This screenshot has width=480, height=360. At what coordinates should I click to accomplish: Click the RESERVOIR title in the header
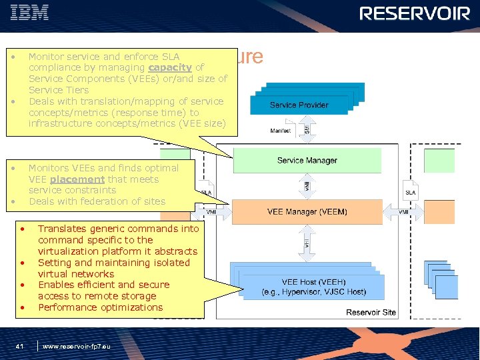pos(415,13)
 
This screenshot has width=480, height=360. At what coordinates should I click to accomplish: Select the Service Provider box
pos(307,105)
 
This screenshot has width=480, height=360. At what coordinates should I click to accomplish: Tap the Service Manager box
pos(307,161)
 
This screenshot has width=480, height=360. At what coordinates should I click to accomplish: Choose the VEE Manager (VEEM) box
pos(307,212)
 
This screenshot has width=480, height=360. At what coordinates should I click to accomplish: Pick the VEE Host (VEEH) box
pos(314,287)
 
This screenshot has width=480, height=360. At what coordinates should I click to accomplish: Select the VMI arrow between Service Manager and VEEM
pos(307,186)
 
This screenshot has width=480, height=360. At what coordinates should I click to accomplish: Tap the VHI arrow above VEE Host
pos(307,243)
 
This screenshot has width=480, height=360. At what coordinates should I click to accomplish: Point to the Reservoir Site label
pos(371,312)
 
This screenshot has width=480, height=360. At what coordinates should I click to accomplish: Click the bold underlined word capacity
pos(169,67)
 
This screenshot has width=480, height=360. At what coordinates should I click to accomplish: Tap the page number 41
pos(19,345)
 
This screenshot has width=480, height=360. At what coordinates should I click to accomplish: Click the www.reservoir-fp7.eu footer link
pos(77,346)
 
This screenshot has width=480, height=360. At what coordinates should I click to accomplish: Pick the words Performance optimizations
pos(100,307)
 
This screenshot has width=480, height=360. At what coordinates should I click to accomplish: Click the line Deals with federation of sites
pos(97,201)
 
